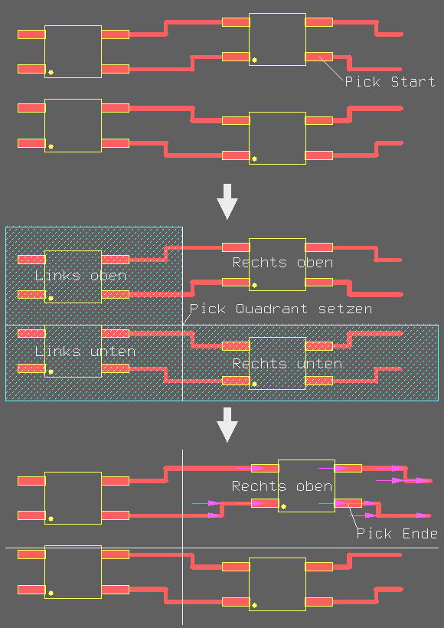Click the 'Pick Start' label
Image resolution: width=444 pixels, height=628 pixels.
tap(390, 82)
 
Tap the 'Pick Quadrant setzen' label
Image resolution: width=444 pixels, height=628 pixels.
tap(281, 309)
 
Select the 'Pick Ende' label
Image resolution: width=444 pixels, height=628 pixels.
tap(397, 534)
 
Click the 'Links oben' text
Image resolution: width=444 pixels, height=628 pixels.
tap(80, 276)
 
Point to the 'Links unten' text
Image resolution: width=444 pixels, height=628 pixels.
tap(85, 352)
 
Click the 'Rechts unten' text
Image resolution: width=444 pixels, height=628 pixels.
tap(287, 364)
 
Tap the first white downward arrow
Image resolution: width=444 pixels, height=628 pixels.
tap(227, 201)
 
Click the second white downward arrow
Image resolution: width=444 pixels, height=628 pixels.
tap(227, 425)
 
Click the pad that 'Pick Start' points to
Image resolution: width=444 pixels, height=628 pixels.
tap(319, 57)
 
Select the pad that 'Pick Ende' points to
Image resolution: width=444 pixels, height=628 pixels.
tap(348, 503)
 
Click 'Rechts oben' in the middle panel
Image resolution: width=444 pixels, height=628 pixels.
tap(282, 263)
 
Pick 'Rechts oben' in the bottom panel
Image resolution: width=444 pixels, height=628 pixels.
tap(282, 486)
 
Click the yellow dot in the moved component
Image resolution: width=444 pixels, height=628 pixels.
tap(283, 507)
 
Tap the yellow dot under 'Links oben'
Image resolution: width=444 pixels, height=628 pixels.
tap(51, 299)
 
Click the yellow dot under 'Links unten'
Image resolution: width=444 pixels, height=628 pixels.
tap(51, 372)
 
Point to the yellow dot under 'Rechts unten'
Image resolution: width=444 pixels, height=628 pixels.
tap(255, 384)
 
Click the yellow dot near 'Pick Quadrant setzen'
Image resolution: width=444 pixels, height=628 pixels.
tap(255, 285)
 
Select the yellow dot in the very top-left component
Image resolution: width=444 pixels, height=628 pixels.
tap(51, 73)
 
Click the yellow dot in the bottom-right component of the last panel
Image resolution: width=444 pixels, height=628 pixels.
tap(255, 605)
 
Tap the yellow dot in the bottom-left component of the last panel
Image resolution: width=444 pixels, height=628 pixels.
tap(51, 594)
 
